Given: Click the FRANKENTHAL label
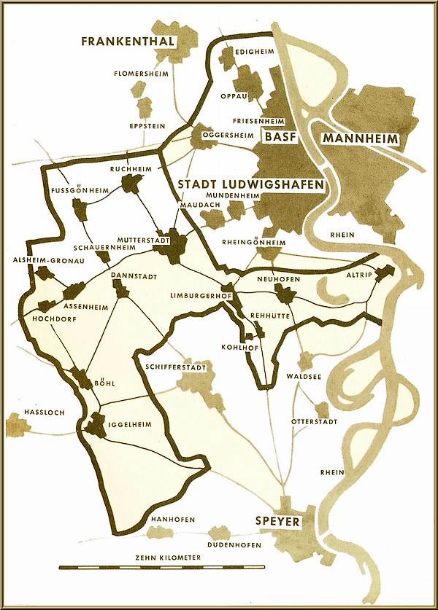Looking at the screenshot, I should [128, 42].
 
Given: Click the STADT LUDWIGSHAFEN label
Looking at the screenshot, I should [251, 185].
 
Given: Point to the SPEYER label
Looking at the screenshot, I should [277, 521].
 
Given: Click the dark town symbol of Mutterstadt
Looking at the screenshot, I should [175, 250].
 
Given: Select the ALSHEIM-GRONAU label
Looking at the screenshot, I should [42, 259].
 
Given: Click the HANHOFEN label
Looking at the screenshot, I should [172, 520].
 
